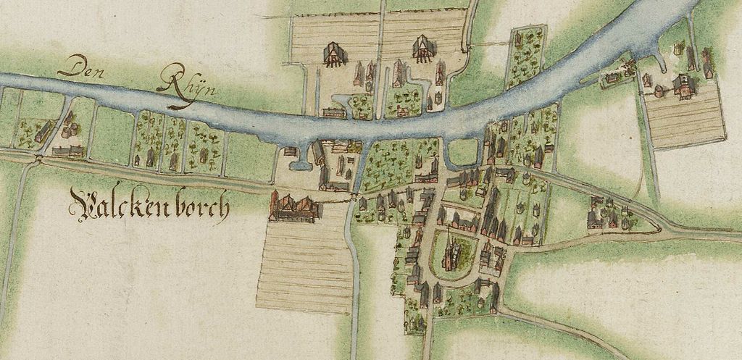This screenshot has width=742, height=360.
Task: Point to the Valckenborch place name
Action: pyautogui.click(x=149, y=204)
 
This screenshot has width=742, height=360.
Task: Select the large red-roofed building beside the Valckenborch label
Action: pyautogui.click(x=294, y=208)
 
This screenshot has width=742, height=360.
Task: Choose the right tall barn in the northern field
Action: pyautogui.click(x=422, y=49)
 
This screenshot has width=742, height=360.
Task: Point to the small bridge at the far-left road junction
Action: pyautogui.click(x=38, y=156)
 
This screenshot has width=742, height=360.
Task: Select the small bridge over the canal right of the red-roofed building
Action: pyautogui.click(x=353, y=195)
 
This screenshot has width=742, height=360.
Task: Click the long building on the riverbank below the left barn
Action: pyautogui.click(x=333, y=112)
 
